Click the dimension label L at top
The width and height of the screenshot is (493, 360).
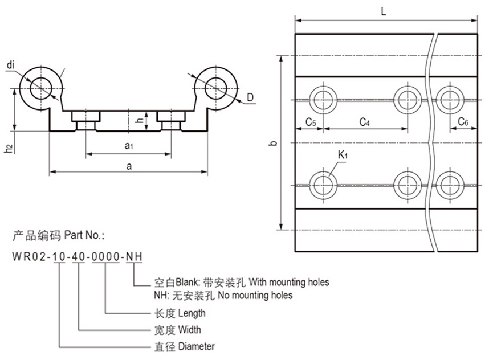(x=386, y=11)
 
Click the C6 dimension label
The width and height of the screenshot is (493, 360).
(x=463, y=122)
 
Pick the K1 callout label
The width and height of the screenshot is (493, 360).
(x=343, y=154)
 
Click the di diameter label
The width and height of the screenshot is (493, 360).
(x=10, y=65)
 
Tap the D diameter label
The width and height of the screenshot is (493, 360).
(x=250, y=98)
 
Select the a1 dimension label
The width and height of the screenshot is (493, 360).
(x=129, y=146)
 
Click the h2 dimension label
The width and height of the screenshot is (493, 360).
(x=7, y=148)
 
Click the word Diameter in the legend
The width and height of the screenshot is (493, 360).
(x=197, y=346)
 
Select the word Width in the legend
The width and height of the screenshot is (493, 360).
(x=190, y=329)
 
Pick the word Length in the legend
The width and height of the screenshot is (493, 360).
(x=192, y=313)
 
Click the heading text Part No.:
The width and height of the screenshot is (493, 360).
(x=85, y=235)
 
